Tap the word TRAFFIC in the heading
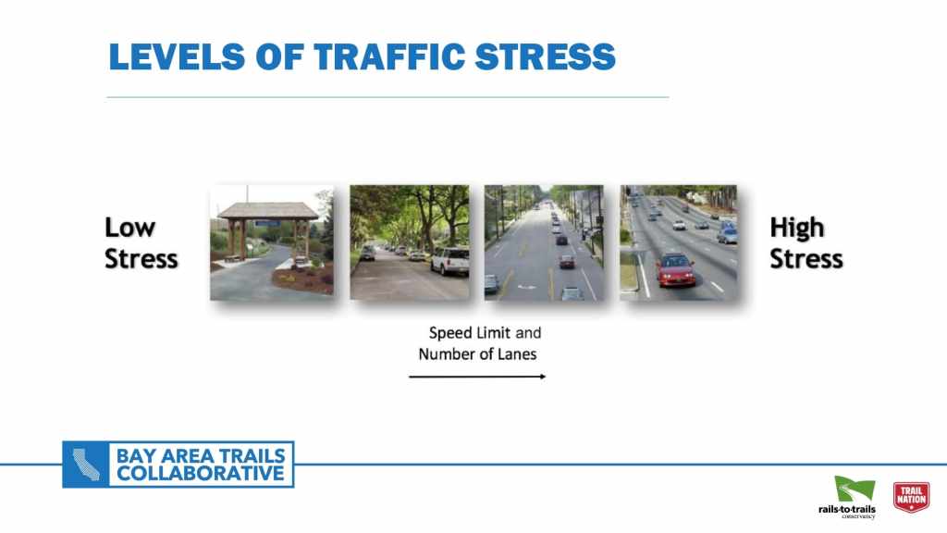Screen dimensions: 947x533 pyautogui.click(x=389, y=56)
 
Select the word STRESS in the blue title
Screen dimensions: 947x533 pyautogui.click(x=545, y=56)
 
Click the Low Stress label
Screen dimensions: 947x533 pyautogui.click(x=141, y=243)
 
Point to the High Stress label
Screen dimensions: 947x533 pyautogui.click(x=806, y=243)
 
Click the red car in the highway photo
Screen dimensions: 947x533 pyautogui.click(x=675, y=269)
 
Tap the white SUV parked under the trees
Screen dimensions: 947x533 pyautogui.click(x=450, y=260)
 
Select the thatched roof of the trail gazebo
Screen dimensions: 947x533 pyautogui.click(x=267, y=210)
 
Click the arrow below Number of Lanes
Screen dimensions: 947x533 pyautogui.click(x=477, y=377)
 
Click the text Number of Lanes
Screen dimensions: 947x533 pyautogui.click(x=477, y=354)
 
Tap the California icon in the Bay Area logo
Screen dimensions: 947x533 pyautogui.click(x=86, y=465)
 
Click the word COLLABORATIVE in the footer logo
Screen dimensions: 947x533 pyautogui.click(x=200, y=474)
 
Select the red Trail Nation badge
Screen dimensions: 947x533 pyautogui.click(x=911, y=497)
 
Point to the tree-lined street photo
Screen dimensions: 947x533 pyautogui.click(x=410, y=242)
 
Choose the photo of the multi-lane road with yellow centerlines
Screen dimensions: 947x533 pyautogui.click(x=544, y=242)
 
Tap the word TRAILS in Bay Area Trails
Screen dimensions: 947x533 pyautogui.click(x=252, y=455)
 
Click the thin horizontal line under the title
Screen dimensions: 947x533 pyautogui.click(x=387, y=96)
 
